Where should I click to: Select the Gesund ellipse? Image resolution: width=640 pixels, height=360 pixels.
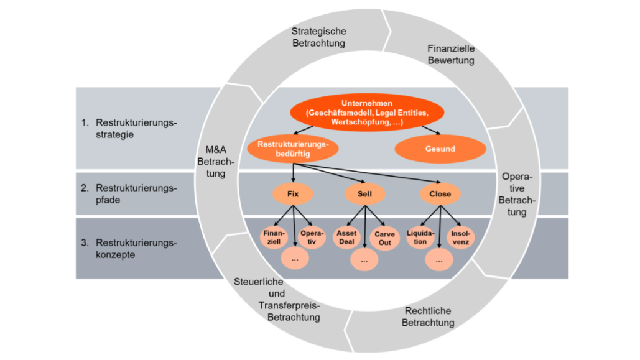[441, 149]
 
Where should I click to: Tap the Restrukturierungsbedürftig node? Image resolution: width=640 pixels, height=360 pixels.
[292, 149]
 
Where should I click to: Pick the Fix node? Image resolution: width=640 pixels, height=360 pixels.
[293, 194]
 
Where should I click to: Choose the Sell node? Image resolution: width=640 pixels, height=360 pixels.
[364, 194]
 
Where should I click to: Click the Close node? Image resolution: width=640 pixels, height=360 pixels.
[440, 194]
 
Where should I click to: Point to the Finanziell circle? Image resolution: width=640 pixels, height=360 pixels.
[274, 237]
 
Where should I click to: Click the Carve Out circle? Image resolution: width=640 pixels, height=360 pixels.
[384, 239]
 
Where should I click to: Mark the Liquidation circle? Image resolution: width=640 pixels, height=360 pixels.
[420, 237]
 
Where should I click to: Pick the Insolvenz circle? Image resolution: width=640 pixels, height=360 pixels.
[459, 237]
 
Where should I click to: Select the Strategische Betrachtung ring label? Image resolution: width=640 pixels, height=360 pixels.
[318, 37]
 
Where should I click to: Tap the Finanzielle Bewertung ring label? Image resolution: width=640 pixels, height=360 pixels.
[451, 54]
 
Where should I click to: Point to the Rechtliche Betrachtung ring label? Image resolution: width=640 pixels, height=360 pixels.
[428, 316]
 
